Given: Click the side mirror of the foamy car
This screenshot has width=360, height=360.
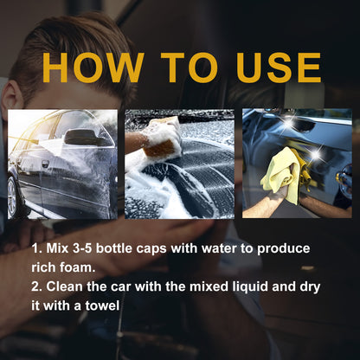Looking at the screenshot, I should point(80,137).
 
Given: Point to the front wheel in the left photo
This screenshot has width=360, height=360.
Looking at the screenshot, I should point(15,197).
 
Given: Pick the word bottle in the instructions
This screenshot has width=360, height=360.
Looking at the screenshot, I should point(132,248).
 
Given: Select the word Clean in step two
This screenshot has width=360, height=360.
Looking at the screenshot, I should point(67,286).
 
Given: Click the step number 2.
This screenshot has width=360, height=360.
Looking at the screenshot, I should point(35,286).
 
